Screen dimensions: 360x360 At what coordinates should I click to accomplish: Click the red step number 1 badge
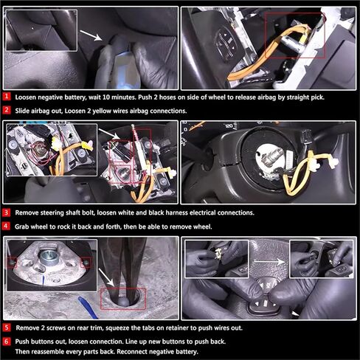[x=7, y=96]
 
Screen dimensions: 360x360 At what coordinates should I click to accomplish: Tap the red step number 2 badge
[x=7, y=110]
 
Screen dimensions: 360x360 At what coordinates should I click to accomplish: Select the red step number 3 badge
[x=7, y=212]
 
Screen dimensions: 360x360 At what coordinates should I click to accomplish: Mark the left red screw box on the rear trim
[x=11, y=260]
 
